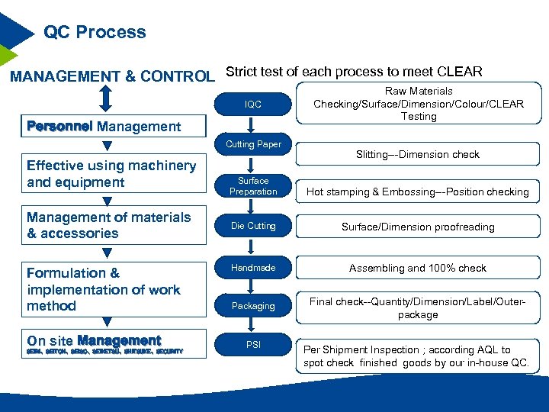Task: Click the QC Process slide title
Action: click(95, 32)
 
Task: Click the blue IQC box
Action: click(253, 105)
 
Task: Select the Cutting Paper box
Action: click(253, 144)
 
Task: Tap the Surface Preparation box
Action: click(253, 186)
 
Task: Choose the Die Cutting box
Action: click(253, 226)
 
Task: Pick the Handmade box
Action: click(253, 268)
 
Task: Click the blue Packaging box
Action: click(253, 306)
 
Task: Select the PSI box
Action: click(253, 345)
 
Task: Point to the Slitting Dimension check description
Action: click(418, 154)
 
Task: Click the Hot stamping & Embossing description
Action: click(418, 192)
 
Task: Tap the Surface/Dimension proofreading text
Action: click(418, 227)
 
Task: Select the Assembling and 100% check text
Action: click(418, 268)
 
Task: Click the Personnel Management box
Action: click(104, 126)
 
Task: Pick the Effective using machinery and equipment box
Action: click(111, 174)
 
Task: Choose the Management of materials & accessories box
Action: click(111, 225)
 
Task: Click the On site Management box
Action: click(111, 343)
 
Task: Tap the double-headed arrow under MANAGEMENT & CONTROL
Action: click(106, 98)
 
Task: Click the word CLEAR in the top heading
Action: click(460, 72)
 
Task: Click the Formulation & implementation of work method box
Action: click(111, 289)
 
